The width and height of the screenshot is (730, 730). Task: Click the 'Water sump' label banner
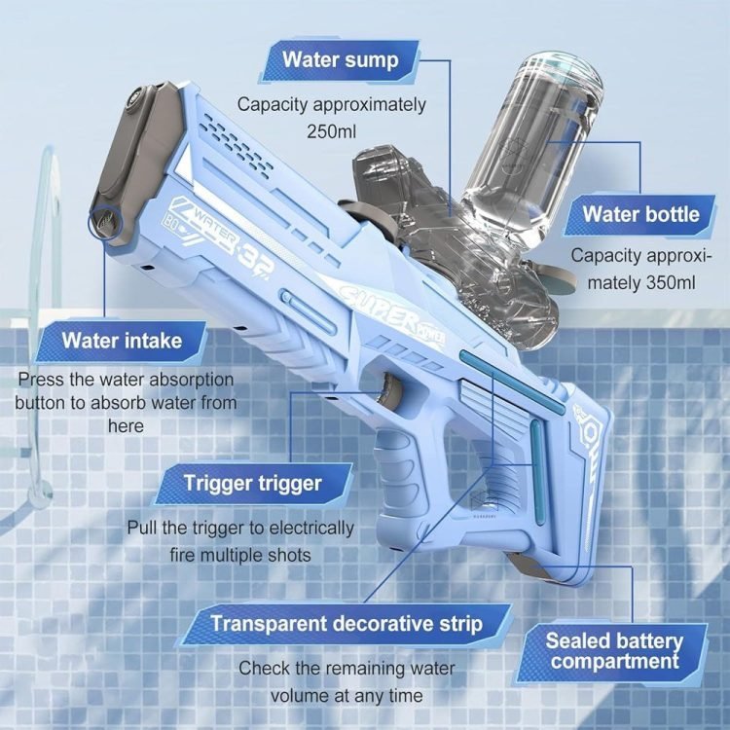coord(341,61)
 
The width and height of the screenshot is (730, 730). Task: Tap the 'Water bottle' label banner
coord(640,215)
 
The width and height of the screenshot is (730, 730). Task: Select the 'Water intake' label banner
coord(122,341)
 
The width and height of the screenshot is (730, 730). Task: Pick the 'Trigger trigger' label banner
coord(253,483)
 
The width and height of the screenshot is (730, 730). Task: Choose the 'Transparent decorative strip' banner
coord(346,624)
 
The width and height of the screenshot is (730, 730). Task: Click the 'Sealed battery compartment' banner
coord(613,651)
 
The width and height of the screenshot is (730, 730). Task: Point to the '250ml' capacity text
coord(331,131)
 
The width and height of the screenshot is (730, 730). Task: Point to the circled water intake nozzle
coord(105,222)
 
